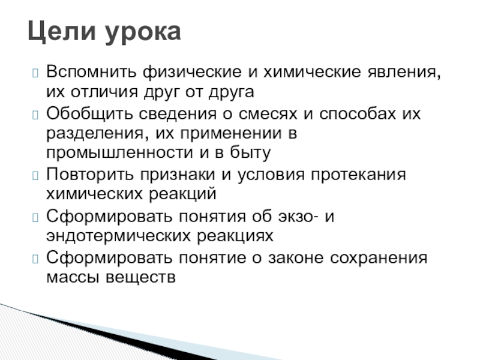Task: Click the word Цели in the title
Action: [x=62, y=32]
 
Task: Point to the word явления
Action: [x=404, y=73]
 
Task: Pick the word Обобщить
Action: [x=89, y=113]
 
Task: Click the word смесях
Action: [x=268, y=114]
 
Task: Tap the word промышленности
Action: [x=119, y=153]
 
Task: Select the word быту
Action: [x=250, y=152]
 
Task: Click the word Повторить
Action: [x=90, y=175]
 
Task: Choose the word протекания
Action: [x=358, y=175]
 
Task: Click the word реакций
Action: [x=183, y=194]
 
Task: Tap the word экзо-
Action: [x=298, y=217]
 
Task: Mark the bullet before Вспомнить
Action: [x=35, y=73]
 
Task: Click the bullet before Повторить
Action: [x=35, y=176]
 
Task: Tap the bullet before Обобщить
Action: [x=35, y=115]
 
